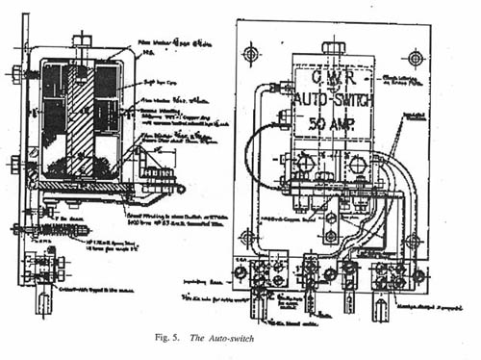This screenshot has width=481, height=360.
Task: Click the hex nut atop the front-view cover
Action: click(x=334, y=47)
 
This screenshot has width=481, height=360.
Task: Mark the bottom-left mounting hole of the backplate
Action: click(x=249, y=236)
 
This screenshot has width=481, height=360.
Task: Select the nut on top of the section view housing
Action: click(x=82, y=40)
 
